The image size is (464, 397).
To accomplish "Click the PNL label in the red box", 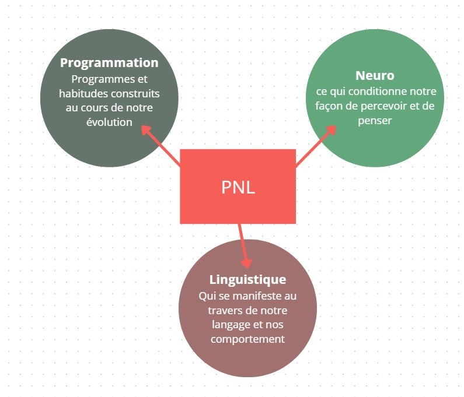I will click(x=238, y=188).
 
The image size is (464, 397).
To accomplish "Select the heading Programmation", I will click(x=109, y=62).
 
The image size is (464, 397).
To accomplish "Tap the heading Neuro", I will click(x=375, y=76).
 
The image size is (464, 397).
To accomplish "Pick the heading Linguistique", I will click(x=247, y=279).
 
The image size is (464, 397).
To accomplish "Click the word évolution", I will click(x=109, y=122).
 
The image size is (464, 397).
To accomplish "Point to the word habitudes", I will click(x=79, y=93).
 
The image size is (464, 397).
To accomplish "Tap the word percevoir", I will click(x=383, y=106).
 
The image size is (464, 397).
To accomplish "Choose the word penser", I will click(x=375, y=121).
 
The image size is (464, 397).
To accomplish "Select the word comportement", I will click(x=247, y=339).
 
